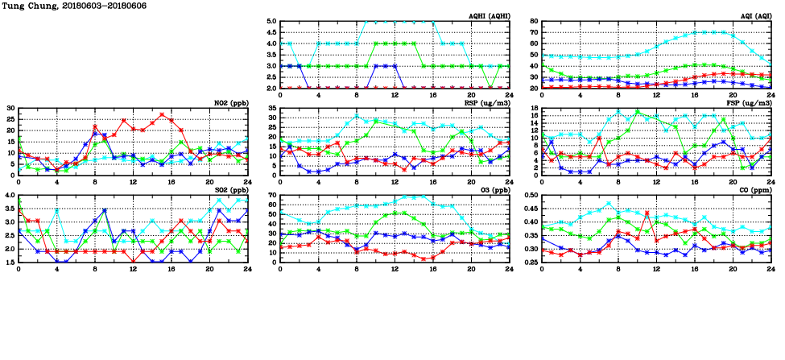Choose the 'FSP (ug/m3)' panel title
750,103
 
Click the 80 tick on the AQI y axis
533,22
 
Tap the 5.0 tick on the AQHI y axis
271,22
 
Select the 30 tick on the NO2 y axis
10,108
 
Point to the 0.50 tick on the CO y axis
530,196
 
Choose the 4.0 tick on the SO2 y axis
9,196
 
